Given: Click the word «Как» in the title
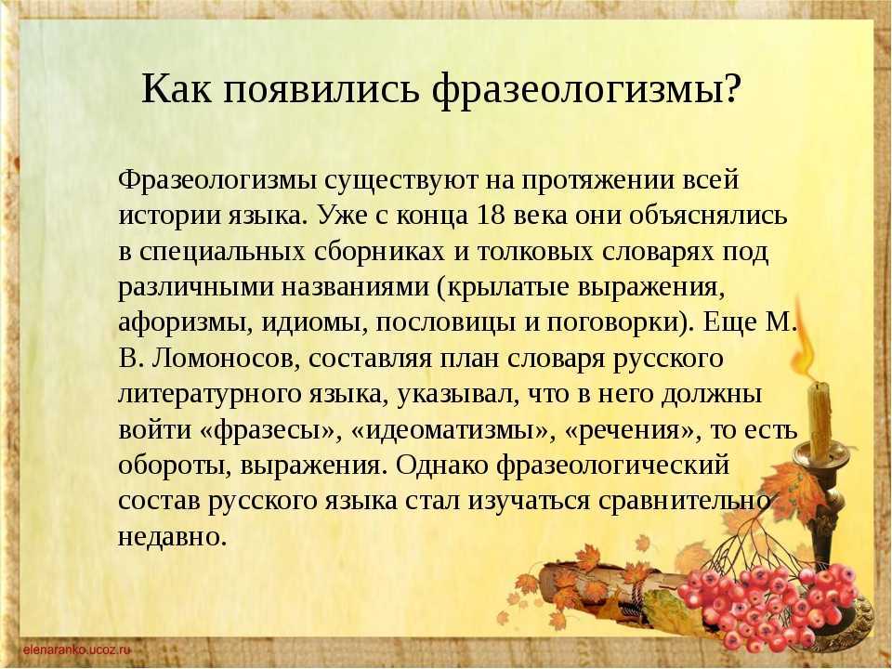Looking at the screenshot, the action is (x=176, y=89).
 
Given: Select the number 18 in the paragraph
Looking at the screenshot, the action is (x=491, y=216).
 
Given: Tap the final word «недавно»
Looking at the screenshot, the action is (x=173, y=537).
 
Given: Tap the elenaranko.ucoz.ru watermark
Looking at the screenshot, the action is (x=76, y=649).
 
